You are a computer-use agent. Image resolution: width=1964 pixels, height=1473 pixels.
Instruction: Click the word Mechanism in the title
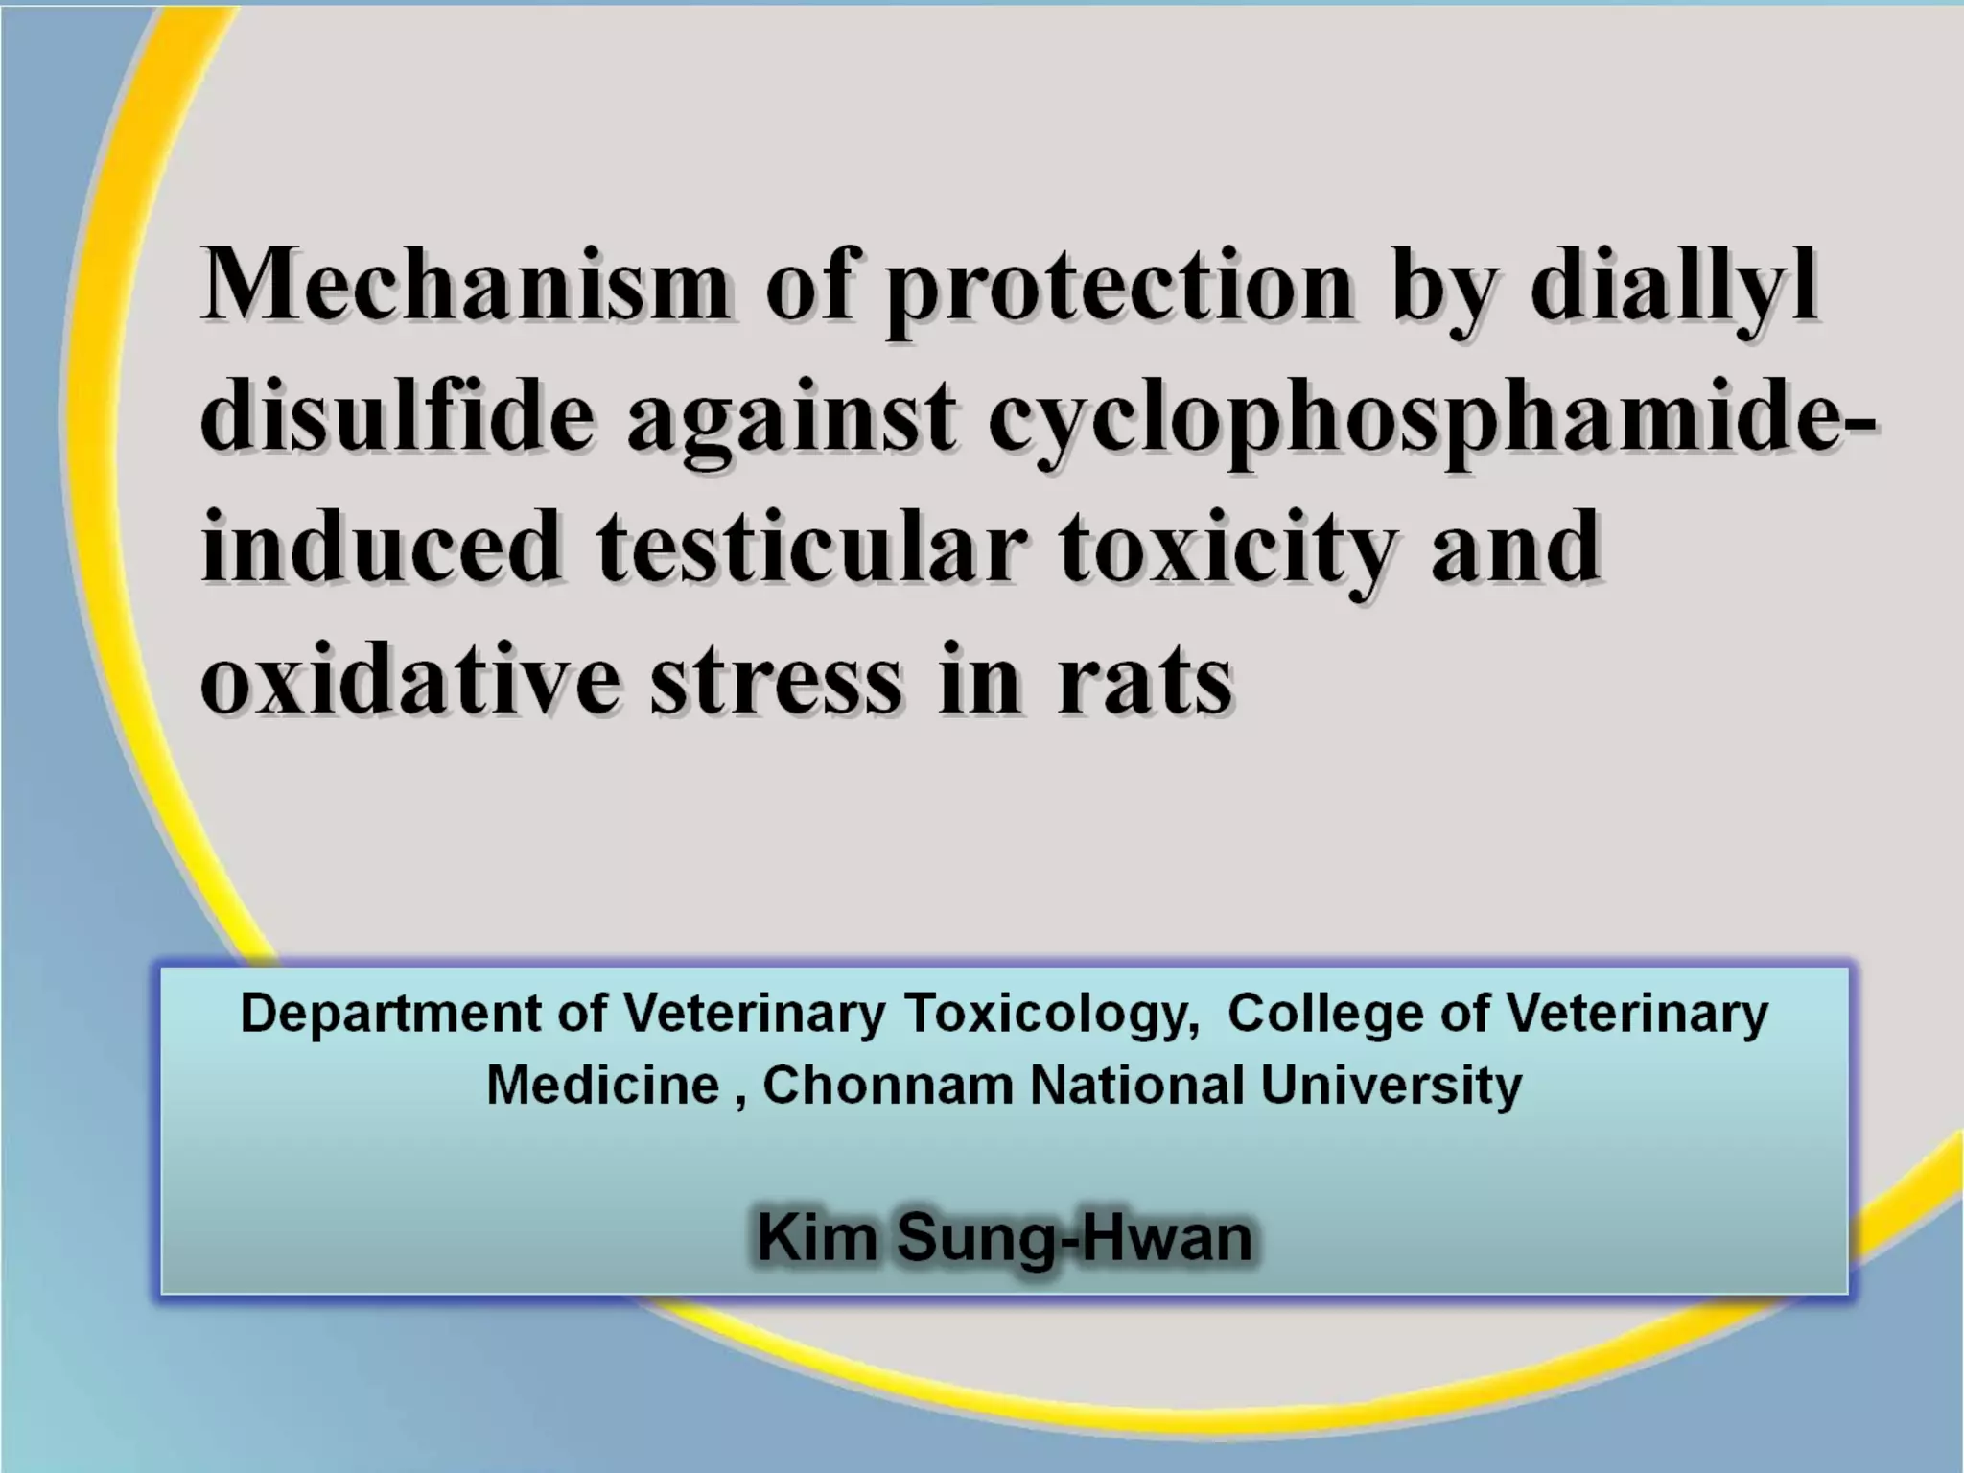pyautogui.click(x=465, y=285)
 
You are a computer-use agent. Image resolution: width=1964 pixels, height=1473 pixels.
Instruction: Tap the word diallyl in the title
pyautogui.click(x=1673, y=285)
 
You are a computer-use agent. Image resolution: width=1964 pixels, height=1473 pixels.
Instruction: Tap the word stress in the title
pyautogui.click(x=776, y=680)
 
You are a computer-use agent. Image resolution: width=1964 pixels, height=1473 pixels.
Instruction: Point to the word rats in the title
pyautogui.click(x=1143, y=680)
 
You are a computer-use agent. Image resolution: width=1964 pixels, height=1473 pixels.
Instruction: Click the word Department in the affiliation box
pyautogui.click(x=390, y=1015)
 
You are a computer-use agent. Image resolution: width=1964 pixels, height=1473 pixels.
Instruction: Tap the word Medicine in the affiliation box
pyautogui.click(x=602, y=1086)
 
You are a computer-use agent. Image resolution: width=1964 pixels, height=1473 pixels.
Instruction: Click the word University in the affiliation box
pyautogui.click(x=1391, y=1087)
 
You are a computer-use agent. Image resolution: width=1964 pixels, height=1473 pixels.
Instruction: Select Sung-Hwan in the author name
pyautogui.click(x=1074, y=1239)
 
